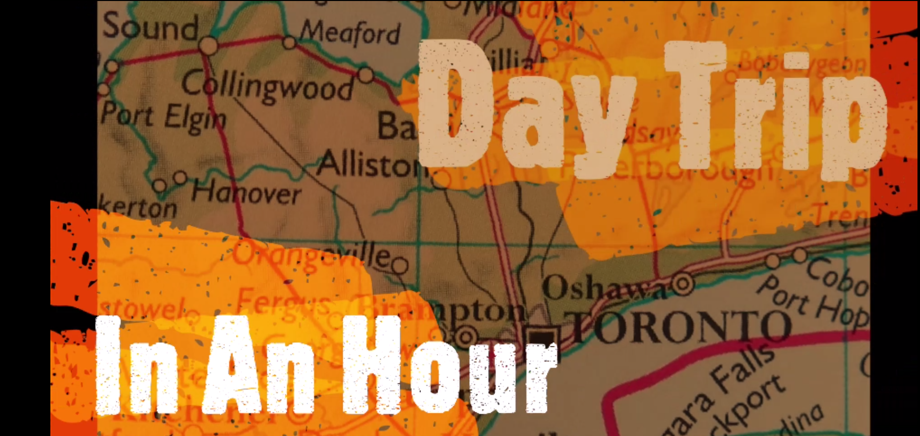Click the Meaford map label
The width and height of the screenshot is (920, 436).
click(350, 33)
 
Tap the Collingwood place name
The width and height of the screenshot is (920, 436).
click(267, 86)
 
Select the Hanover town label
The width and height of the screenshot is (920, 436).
click(246, 193)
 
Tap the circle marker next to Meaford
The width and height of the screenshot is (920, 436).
click(289, 42)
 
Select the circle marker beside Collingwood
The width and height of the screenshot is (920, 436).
click(366, 76)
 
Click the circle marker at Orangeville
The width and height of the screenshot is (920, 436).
click(400, 266)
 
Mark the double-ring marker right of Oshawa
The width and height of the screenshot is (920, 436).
click(683, 284)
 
